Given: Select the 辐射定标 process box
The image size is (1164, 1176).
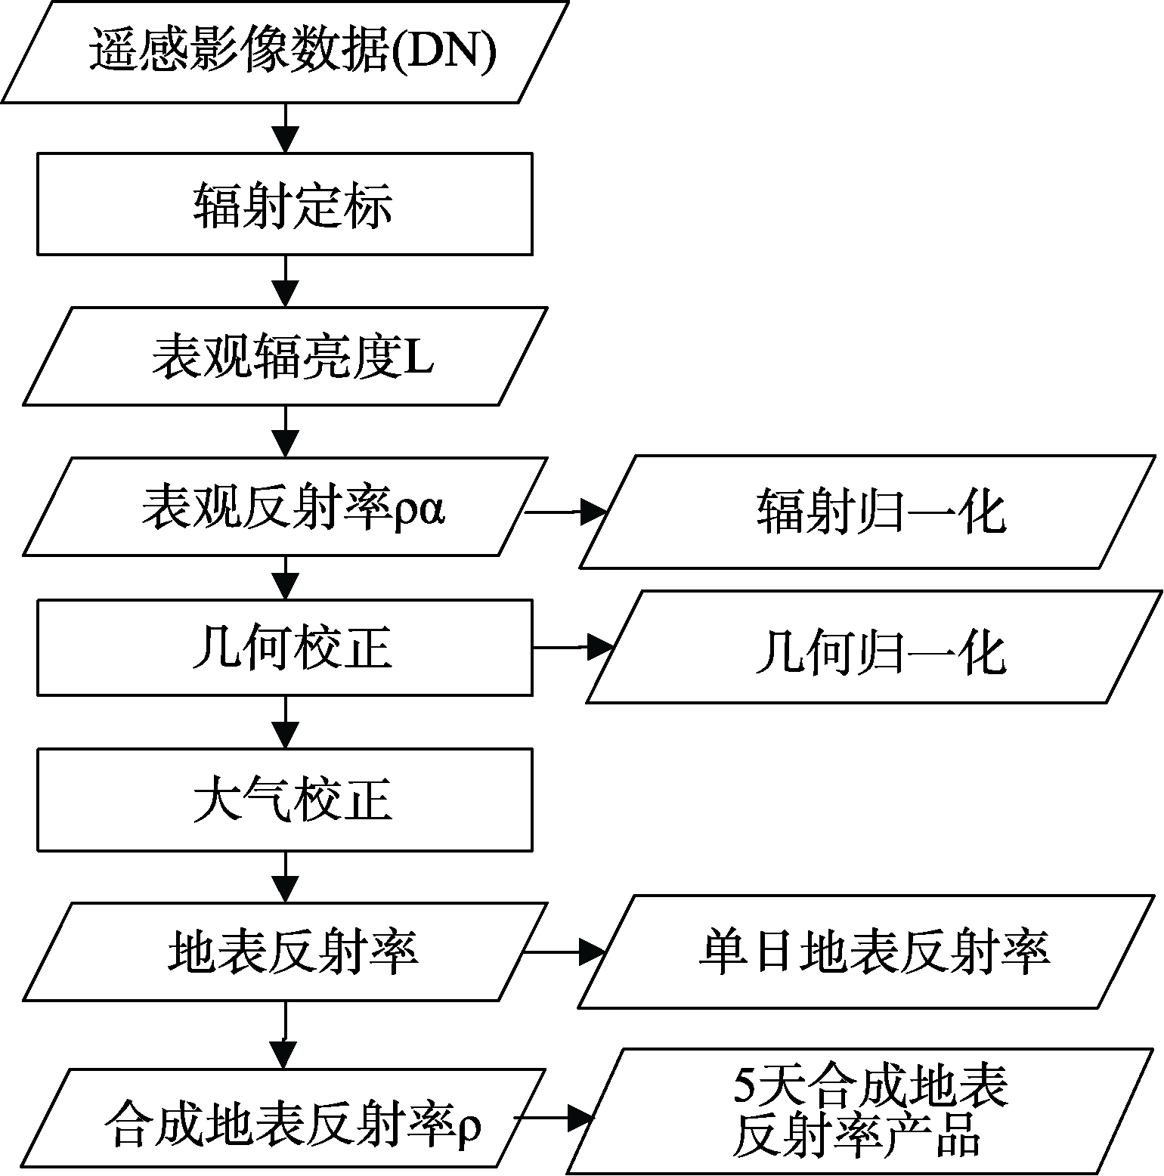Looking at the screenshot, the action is (x=285, y=204).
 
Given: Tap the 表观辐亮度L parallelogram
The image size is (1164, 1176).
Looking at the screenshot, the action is (x=285, y=356).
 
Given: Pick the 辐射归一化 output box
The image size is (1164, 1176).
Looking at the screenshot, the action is (x=868, y=512).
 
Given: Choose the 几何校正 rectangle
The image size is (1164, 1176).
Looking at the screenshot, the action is (x=285, y=648).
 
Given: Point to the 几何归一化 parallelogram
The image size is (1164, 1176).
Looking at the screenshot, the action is (x=874, y=648).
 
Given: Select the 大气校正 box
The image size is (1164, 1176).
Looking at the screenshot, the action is (x=285, y=800).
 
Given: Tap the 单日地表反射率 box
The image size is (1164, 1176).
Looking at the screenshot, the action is (x=867, y=952).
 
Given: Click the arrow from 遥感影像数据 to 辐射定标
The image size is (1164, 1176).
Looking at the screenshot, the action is (x=285, y=128).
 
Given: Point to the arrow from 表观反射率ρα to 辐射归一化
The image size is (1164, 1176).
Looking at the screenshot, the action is (x=566, y=512).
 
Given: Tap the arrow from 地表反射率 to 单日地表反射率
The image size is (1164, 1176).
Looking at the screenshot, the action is (x=565, y=952).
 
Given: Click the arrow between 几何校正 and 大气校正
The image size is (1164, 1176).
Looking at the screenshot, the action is (x=285, y=722).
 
